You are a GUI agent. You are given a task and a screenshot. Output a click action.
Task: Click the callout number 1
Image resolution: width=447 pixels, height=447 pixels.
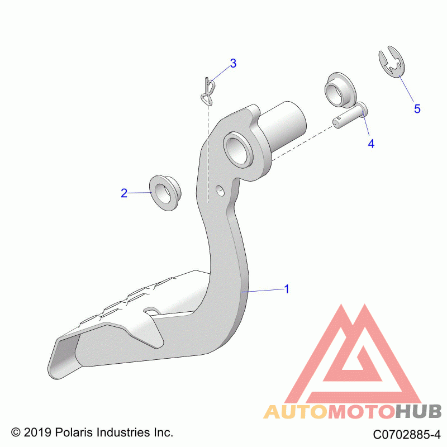tap(287, 289)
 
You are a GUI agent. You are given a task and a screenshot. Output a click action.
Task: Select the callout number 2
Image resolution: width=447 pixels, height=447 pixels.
tap(124, 193)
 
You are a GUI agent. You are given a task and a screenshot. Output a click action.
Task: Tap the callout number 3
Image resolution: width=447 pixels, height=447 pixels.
tap(233, 63)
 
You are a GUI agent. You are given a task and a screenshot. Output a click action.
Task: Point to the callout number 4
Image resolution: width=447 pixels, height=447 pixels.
tap(371, 144)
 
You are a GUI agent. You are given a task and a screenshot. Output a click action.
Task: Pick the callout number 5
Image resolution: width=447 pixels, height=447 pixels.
tap(417, 108)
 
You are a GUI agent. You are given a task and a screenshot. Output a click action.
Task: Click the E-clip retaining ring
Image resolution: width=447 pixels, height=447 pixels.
tap(392, 61)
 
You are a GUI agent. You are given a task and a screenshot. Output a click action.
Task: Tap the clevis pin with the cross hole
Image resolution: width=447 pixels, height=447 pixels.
tap(350, 116)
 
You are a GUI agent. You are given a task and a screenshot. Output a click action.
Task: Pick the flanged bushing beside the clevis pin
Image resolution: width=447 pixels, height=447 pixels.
tap(340, 90)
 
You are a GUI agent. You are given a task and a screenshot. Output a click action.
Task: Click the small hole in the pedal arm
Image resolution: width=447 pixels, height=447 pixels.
tap(220, 191)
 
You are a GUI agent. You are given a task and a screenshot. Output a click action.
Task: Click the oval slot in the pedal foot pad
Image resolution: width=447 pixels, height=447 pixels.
tap(152, 311)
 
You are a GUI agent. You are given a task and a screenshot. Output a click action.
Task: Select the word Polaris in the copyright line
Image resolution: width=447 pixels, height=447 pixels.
tap(74, 432)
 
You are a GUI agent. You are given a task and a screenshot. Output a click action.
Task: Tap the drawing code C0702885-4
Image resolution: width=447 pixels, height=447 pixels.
tap(407, 435)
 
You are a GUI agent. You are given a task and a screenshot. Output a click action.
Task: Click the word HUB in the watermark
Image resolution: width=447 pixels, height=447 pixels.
tap(418, 411)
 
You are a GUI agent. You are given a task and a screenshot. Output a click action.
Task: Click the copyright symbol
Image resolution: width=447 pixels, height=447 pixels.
tap(16, 432)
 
